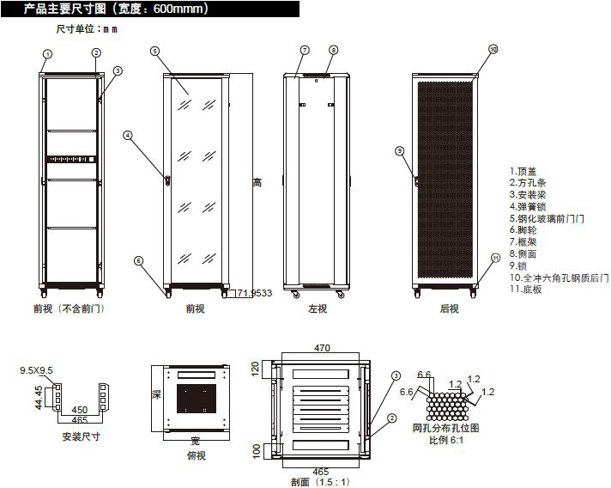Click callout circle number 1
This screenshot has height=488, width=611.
pos(48,53)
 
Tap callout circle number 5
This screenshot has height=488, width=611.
pos(154,51)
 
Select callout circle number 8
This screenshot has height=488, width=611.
pos(333,51)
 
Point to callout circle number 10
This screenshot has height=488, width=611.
pos(493,50)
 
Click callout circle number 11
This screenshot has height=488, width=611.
pos(496,258)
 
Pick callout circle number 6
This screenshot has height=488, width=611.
pos(139,260)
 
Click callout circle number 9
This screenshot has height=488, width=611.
pos(399,151)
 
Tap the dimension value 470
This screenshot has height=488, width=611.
pos(322,348)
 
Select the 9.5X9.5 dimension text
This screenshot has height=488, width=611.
pos(36,370)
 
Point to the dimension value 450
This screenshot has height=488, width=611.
pos(78,410)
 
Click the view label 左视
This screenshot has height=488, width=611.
pos(318,308)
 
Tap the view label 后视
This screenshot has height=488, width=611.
pos(449,308)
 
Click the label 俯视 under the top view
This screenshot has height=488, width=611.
pos(196,455)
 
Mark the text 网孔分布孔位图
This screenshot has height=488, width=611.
pos(445,428)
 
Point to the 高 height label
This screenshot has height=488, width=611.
pos(257,183)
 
